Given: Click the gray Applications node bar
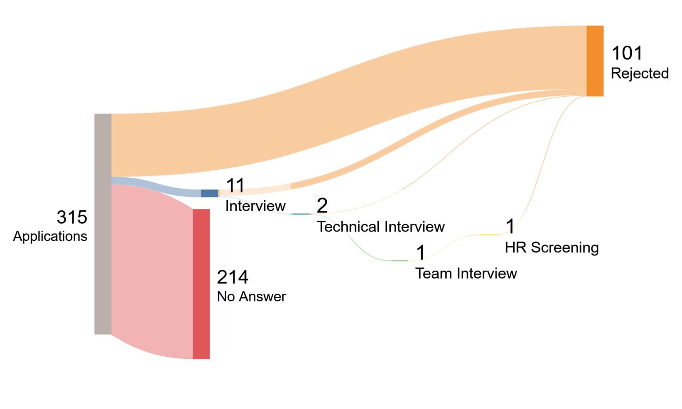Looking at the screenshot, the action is [x=103, y=224].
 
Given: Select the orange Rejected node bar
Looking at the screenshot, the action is [x=595, y=61].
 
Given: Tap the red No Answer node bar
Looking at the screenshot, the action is [x=201, y=284].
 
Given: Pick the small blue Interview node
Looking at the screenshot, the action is [x=210, y=193].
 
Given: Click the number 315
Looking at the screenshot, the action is [x=72, y=217].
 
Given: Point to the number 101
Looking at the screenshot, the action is [x=627, y=53].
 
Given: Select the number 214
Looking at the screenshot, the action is [x=233, y=277].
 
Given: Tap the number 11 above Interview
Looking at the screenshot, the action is [x=235, y=185].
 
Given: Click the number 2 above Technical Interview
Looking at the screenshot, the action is [x=322, y=205].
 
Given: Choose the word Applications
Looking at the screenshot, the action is [x=50, y=236].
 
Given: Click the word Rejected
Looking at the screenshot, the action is [x=640, y=73].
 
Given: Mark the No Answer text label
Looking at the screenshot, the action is [x=251, y=296].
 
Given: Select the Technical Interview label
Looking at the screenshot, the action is [x=381, y=227].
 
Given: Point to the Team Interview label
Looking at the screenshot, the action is [x=466, y=273].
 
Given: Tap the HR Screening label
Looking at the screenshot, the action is [x=552, y=247].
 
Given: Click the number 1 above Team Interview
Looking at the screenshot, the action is [x=420, y=252].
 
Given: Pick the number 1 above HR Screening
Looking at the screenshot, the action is [x=510, y=226].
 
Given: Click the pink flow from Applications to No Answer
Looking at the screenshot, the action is [x=152, y=271].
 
